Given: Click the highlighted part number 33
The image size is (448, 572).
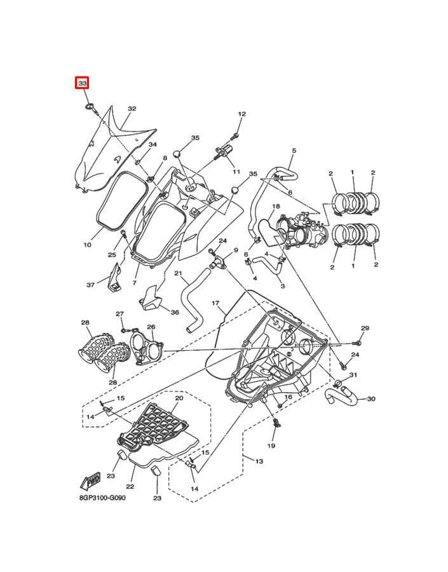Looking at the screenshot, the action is click(83, 83).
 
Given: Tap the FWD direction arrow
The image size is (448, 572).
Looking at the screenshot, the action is click(90, 481).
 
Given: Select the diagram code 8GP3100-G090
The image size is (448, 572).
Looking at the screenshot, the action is click(102, 498).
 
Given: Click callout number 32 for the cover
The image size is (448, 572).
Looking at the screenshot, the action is click(132, 108).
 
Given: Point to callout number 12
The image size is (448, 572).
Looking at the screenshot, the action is click(242, 114).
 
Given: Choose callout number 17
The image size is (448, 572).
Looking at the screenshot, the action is click(215, 303).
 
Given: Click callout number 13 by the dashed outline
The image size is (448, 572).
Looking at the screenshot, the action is click(259, 461).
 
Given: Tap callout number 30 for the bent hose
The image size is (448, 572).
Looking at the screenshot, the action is click(371, 398).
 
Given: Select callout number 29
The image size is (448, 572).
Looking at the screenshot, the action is click(365, 328).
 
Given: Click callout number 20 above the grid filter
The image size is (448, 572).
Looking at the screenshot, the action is click(179, 398).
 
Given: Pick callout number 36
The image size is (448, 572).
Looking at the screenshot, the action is click(175, 312).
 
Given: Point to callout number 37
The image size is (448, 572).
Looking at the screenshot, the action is click(90, 285).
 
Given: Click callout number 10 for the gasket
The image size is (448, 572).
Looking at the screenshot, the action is click(87, 245).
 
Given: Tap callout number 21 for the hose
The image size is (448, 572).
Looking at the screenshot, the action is click(178, 273).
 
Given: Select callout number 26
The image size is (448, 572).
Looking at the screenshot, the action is click(151, 327).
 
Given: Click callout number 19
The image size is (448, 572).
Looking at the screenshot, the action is click(271, 446).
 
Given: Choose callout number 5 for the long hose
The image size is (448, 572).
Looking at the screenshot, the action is click(294, 150).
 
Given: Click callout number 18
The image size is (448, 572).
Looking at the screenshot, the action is click(276, 206).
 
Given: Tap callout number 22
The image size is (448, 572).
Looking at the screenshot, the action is click(130, 486).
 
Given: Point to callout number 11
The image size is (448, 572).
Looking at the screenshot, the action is click(236, 172).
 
